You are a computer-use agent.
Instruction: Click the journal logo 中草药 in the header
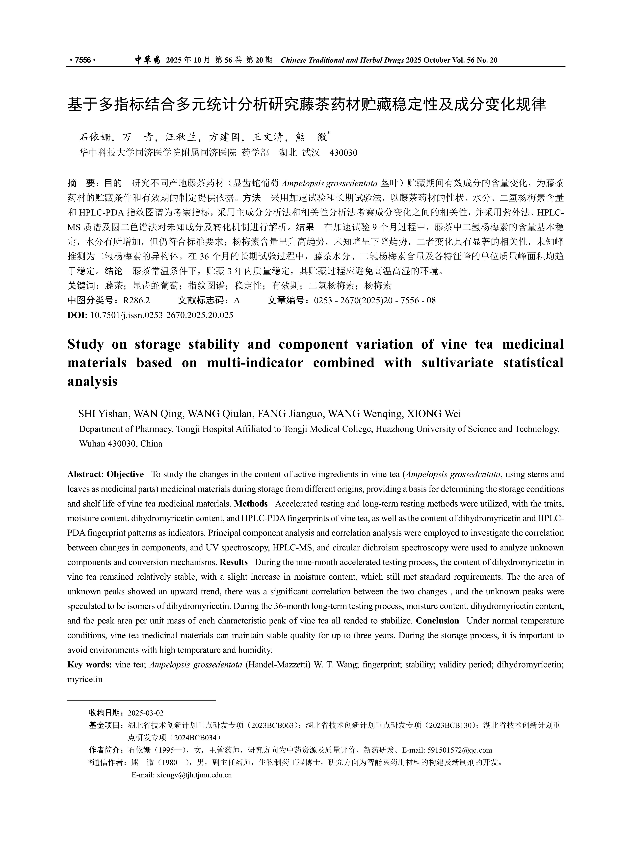point(147,60)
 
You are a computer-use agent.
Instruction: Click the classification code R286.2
point(136,301)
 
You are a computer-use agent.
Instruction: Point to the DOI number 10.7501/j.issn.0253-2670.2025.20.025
point(162,315)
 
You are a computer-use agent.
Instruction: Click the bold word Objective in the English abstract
point(125,474)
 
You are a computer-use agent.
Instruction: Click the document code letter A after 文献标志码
point(237,301)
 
